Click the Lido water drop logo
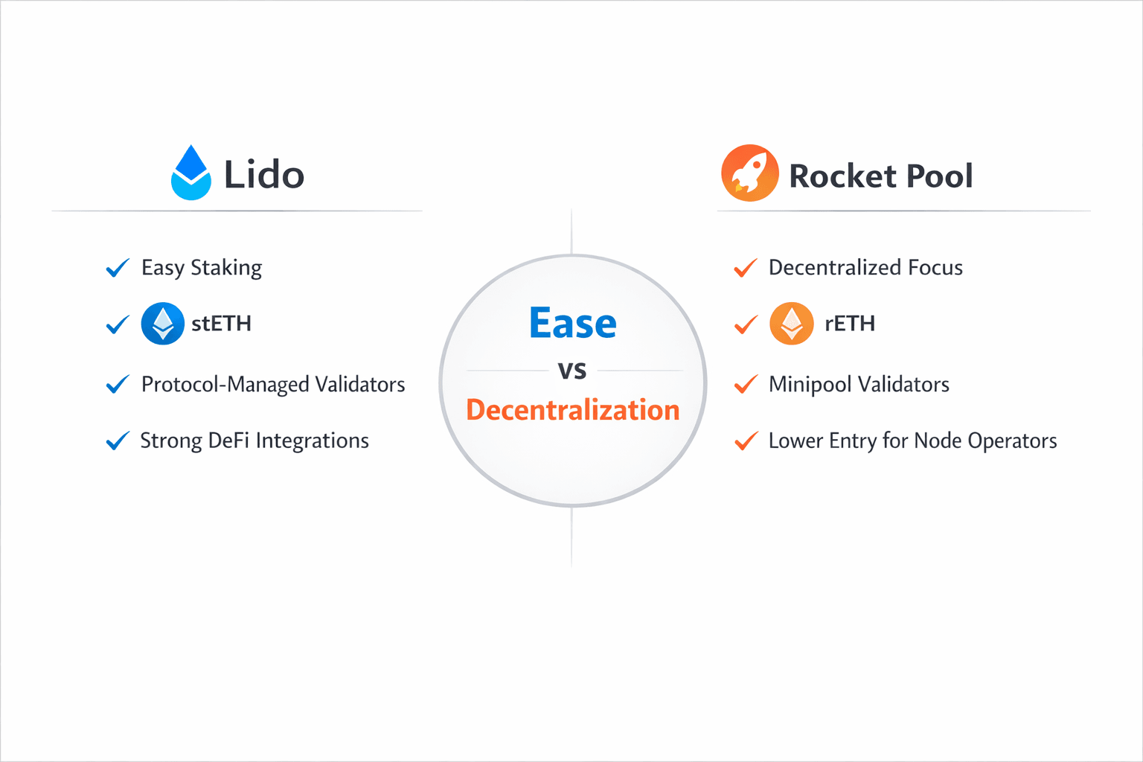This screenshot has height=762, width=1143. point(190,173)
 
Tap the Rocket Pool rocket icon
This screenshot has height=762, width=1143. point(749,173)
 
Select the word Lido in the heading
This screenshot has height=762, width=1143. point(264,175)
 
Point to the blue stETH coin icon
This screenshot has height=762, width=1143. point(163,324)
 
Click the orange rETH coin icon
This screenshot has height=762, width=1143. point(792,324)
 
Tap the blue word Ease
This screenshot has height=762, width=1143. point(572,322)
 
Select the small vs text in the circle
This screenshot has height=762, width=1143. point(572,371)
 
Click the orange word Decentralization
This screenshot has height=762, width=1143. point(572,410)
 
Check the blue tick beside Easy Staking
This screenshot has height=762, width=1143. point(118,268)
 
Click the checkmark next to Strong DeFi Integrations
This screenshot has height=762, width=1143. point(118,441)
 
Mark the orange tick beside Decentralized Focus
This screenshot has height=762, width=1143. point(746,268)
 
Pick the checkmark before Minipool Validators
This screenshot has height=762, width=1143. point(746,384)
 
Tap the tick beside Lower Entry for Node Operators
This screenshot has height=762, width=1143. point(746,441)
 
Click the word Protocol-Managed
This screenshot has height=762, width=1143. point(225,385)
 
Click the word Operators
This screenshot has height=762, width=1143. point(1012,441)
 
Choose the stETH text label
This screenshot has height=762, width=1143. point(222,324)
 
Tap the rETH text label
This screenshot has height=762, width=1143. point(850,324)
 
